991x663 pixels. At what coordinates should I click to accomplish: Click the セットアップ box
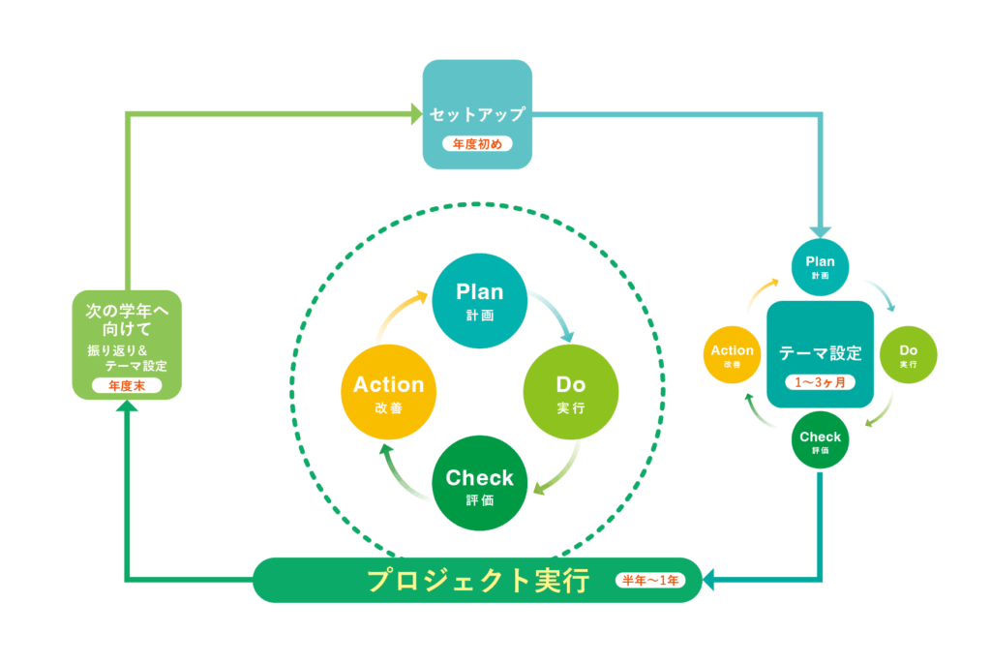point(477,113)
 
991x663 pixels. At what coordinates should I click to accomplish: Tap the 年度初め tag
point(477,144)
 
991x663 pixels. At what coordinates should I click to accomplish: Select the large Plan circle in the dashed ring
point(480,301)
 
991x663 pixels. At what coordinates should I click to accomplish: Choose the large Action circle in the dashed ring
point(388,393)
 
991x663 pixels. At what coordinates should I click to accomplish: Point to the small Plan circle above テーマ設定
point(821,266)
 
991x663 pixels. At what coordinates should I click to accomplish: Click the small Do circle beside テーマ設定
point(908,354)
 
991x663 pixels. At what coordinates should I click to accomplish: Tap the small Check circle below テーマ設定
point(821,441)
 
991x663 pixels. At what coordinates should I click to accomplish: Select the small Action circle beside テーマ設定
point(733,355)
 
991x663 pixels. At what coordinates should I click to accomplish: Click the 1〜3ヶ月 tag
point(820,381)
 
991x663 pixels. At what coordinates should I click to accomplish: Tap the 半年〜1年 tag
point(649,581)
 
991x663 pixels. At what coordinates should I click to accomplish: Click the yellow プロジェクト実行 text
point(478,581)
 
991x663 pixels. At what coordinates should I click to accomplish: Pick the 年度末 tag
point(126,385)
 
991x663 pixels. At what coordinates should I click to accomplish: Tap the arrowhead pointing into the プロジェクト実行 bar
point(708,581)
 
